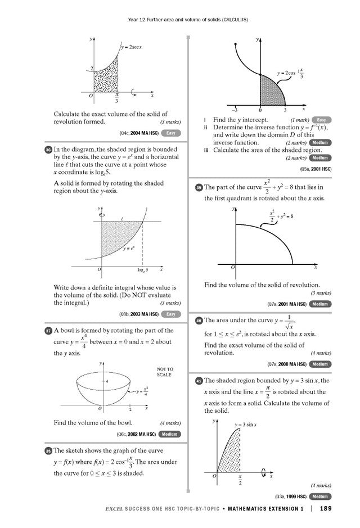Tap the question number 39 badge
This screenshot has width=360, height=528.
[199, 187]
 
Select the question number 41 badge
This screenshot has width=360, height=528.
[199, 381]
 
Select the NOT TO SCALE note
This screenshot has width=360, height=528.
[164, 372]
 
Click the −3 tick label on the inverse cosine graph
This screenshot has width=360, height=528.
[235, 110]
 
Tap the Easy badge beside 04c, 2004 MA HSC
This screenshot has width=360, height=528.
[171, 133]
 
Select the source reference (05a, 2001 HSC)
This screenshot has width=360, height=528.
[315, 168]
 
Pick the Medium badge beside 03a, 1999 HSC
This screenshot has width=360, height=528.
[320, 497]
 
